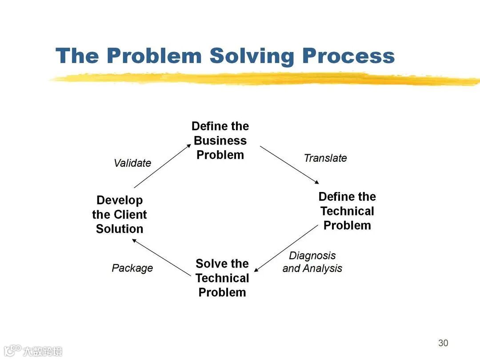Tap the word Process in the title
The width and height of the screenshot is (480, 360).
348,56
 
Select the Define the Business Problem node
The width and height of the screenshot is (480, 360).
220,140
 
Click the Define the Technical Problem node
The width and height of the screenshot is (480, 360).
347,211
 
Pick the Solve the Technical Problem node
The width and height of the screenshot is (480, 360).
222,278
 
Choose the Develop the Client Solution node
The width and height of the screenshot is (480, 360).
120,215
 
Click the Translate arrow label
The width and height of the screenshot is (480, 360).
325,158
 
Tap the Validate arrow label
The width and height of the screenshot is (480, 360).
132,163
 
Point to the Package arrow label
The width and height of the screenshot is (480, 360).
132,268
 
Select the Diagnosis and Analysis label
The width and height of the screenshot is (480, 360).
312,262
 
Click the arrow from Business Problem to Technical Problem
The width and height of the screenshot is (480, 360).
289,165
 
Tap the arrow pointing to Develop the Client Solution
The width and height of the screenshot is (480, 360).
161,256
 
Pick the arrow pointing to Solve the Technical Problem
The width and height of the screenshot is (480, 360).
286,248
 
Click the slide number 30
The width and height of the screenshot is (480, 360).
443,343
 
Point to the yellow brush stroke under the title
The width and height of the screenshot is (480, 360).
267,79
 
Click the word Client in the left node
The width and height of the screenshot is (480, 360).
129,215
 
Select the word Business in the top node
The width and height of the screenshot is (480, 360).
220,140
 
